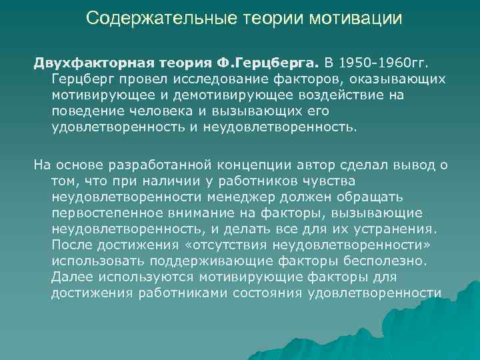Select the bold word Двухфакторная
point(88,63)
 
